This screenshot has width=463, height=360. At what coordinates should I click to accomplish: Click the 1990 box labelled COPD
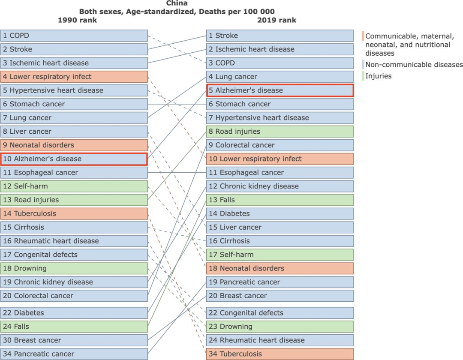coord(74,36)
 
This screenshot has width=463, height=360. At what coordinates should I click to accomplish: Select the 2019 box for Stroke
coord(280,36)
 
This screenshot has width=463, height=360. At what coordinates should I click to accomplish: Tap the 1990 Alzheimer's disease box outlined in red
coord(74,159)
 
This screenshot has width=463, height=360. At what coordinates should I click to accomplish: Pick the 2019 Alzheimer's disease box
coord(280,90)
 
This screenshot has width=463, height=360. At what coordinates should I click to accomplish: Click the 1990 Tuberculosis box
coord(74,213)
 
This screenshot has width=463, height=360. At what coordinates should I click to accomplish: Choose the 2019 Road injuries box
coord(280,131)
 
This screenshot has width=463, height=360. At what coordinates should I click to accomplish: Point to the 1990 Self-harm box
coord(74,186)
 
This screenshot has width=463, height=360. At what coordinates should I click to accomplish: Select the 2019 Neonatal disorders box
coord(280,268)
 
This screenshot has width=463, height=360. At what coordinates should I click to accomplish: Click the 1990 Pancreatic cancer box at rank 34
coord(74,354)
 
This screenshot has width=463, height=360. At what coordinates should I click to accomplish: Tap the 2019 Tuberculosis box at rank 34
coord(280,354)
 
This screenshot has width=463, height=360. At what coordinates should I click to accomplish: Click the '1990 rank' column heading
coord(77,20)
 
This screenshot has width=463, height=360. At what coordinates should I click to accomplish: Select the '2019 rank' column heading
coord(277,20)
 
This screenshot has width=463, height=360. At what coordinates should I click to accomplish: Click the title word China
coord(177,3)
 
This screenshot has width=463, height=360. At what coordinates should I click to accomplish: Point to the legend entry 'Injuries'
coord(378,76)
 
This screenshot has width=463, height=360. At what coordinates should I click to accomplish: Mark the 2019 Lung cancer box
coord(280,77)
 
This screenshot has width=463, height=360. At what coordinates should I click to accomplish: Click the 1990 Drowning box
coord(74,268)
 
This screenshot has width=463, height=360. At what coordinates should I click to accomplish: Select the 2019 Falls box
coord(280,200)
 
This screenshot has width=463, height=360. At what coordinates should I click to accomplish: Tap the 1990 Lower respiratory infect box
coord(74,77)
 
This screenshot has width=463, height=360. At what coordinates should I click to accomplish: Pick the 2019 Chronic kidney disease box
coord(280,186)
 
